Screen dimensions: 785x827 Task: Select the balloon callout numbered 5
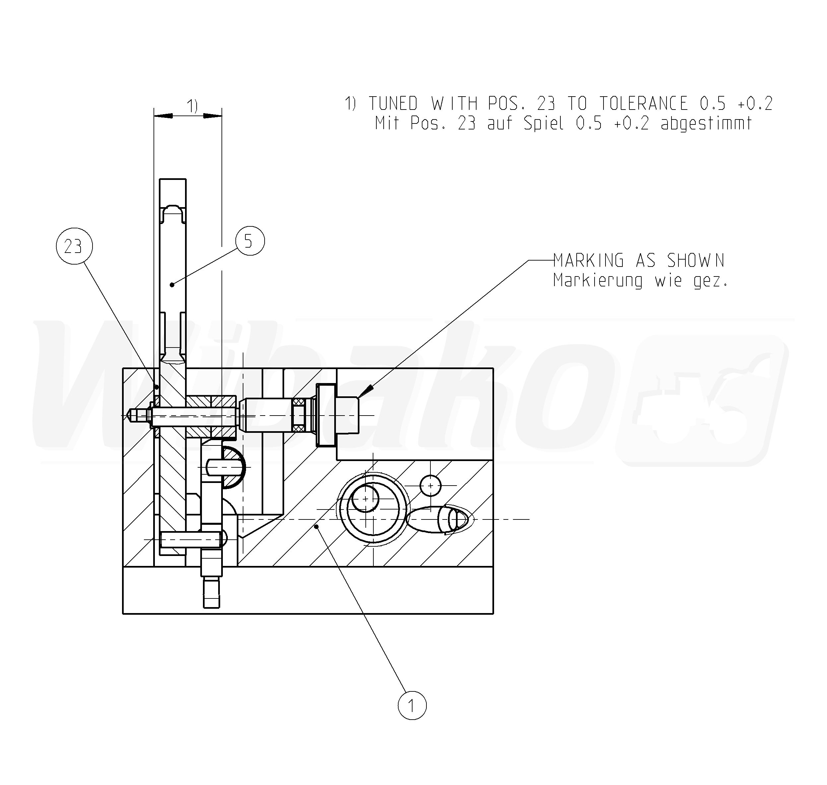pyautogui.click(x=250, y=241)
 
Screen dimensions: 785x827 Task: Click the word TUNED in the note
pyautogui.click(x=393, y=103)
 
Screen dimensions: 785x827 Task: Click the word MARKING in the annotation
pyautogui.click(x=588, y=261)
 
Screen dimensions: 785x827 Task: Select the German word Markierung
pyautogui.click(x=598, y=280)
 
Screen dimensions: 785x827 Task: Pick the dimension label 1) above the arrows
pyautogui.click(x=192, y=106)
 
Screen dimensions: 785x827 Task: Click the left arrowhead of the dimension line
pyautogui.click(x=163, y=116)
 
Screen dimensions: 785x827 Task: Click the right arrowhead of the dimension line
pyautogui.click(x=213, y=116)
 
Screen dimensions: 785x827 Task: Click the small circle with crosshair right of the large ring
pyautogui.click(x=430, y=485)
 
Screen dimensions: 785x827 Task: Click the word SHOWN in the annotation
pyautogui.click(x=696, y=261)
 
